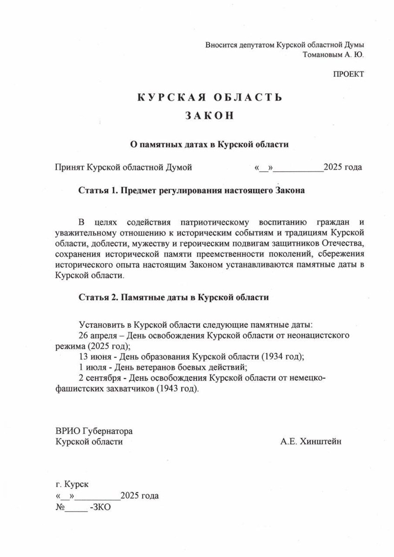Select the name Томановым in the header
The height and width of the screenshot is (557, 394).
tap(321, 54)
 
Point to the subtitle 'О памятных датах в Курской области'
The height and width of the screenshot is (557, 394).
tap(209, 144)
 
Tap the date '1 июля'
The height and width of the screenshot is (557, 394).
tap(91, 368)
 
